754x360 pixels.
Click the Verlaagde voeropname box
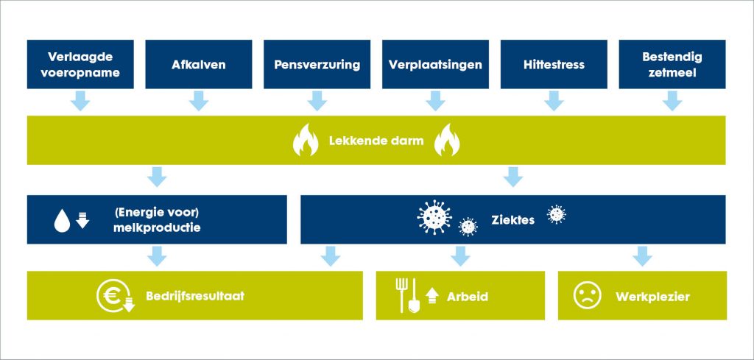80,64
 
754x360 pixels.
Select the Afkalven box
199,64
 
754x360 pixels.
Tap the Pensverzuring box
317,64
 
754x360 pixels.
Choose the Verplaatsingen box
435,64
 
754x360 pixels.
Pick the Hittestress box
554,64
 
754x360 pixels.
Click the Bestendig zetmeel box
672,64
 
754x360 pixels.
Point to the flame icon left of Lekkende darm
306,140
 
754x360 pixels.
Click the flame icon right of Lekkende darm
447,140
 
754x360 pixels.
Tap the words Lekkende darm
376,141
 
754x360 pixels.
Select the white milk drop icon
62,222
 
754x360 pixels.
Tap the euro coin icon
114,296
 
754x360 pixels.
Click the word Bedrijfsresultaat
195,296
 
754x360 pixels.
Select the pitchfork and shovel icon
408,296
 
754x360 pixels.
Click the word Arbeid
468,297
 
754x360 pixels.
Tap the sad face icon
588,295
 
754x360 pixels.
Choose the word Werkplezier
652,297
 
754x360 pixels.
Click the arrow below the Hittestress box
554,100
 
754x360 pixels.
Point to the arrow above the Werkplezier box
642,256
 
